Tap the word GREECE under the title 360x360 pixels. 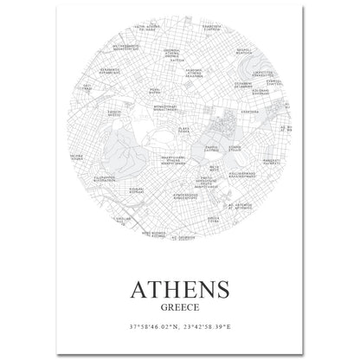pos(181,305)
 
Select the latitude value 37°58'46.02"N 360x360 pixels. pos(148,329)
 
